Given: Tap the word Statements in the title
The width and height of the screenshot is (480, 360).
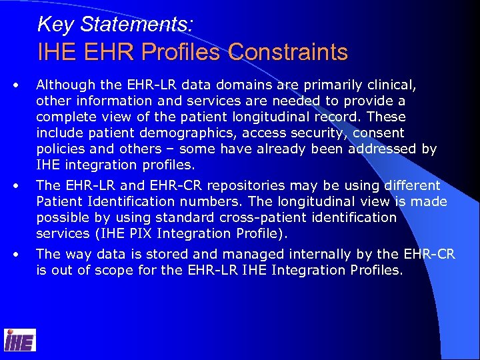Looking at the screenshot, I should tap(136, 25).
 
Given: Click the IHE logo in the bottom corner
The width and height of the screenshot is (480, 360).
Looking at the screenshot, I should tap(20, 340).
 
